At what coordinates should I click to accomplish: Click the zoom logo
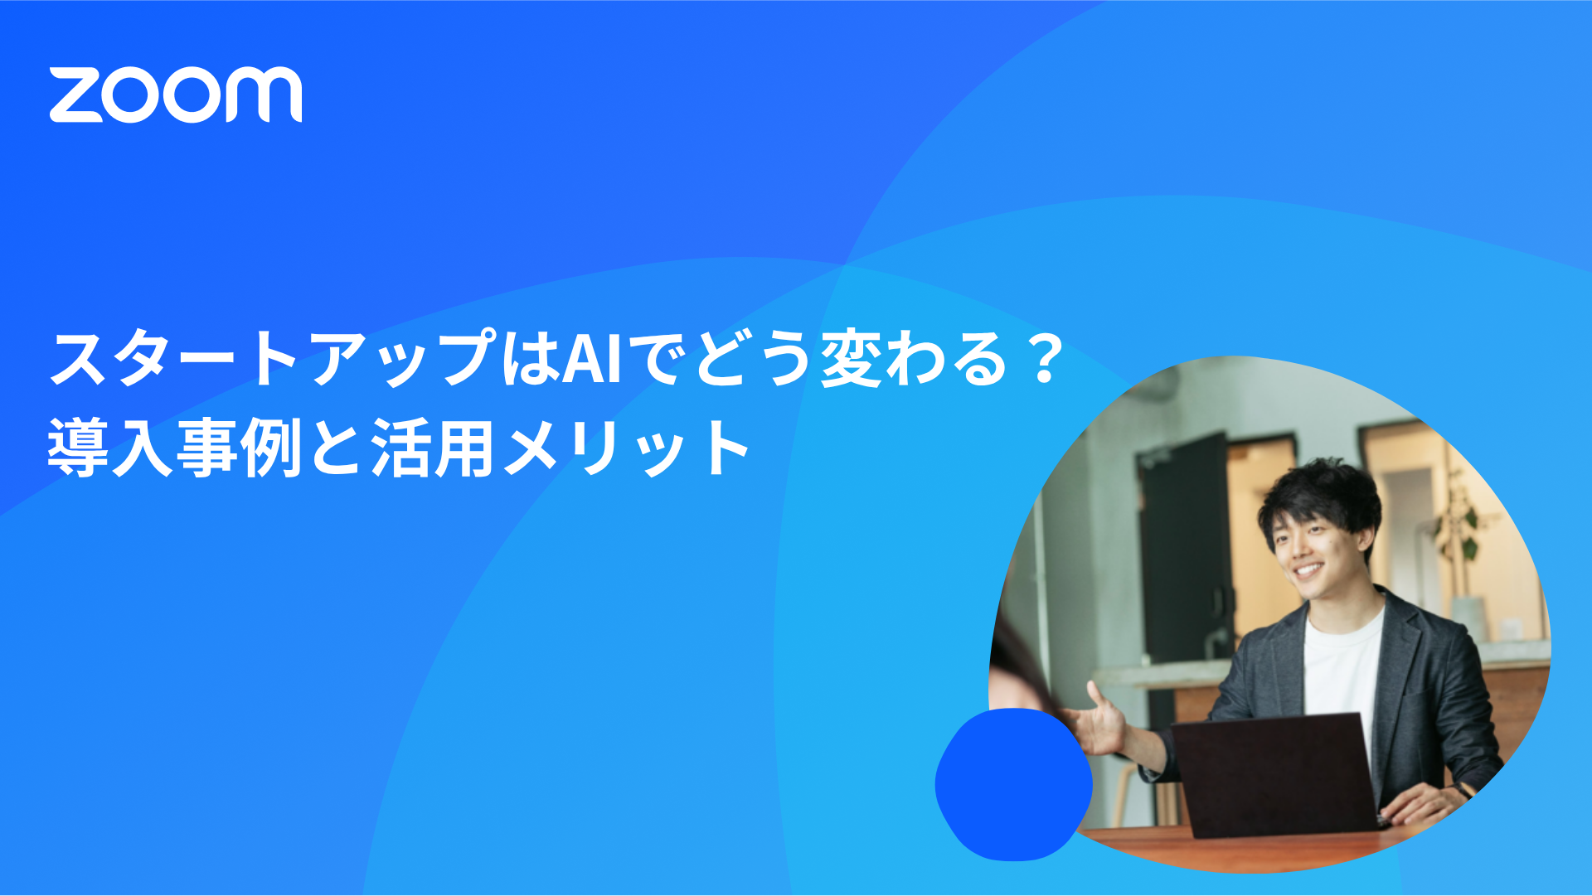[176, 94]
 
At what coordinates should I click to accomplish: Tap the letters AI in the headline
[592, 359]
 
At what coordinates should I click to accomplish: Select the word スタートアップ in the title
[274, 359]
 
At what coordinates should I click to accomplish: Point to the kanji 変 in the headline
[851, 359]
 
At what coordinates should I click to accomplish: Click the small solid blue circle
[1013, 784]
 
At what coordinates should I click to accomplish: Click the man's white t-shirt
[1343, 663]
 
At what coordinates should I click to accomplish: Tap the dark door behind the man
[1182, 564]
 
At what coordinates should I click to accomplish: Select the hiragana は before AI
[531, 359]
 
